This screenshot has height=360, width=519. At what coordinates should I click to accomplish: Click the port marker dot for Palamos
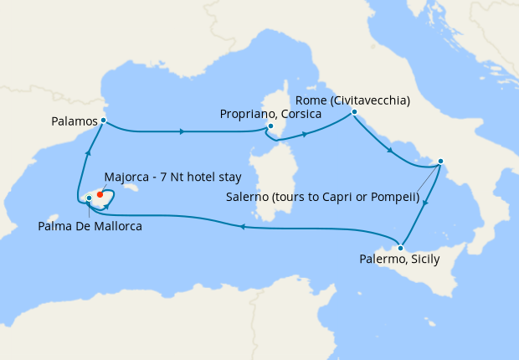tap(103, 121)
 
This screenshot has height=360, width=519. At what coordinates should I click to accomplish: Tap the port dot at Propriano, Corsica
tap(270, 127)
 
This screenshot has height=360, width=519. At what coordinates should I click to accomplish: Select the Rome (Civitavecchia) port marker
tap(355, 112)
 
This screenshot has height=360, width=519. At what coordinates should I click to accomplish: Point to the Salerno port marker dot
tap(441, 162)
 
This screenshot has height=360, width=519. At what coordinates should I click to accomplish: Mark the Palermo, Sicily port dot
tap(402, 248)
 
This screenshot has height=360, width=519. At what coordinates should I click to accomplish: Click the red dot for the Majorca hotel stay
tap(100, 193)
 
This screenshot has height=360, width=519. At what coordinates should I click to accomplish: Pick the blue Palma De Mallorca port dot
tap(89, 198)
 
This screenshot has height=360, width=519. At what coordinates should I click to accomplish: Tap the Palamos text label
tap(74, 122)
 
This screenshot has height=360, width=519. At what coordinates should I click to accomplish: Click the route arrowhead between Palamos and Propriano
tap(182, 131)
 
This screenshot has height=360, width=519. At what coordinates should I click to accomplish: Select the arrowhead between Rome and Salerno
tap(389, 149)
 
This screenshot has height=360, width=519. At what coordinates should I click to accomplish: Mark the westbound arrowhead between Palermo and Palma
tap(242, 226)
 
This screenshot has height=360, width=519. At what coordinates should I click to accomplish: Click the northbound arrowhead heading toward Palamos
tap(86, 151)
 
